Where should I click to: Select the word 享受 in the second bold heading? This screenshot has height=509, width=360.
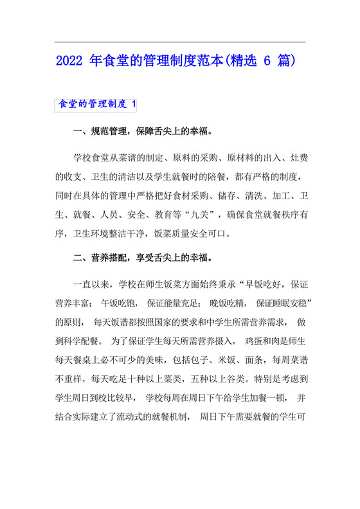tap(145, 258)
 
